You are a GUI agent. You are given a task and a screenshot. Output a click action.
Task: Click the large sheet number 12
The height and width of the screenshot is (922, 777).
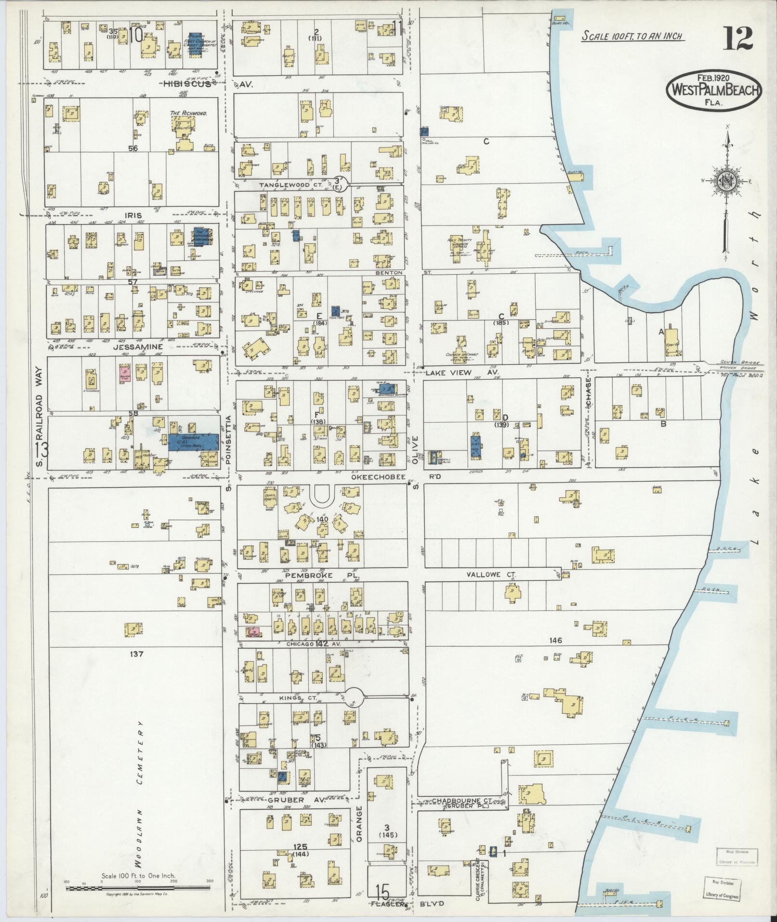coord(737,38)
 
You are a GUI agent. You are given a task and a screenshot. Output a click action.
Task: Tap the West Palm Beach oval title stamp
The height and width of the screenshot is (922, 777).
coord(714,90)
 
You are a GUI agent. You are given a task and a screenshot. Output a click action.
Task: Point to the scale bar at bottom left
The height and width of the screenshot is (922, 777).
coord(138,887)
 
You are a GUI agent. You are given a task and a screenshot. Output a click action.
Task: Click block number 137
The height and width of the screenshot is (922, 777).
coord(136,654)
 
